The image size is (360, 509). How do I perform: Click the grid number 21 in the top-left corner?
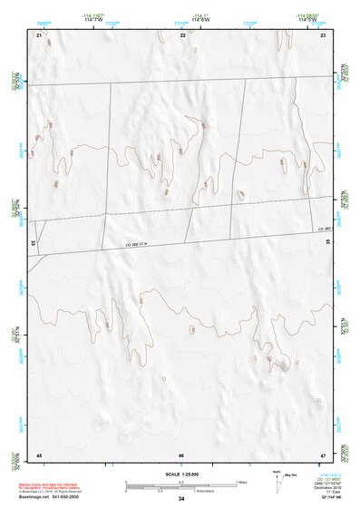[x=39, y=34]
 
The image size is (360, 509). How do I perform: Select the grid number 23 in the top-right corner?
[x=323, y=34]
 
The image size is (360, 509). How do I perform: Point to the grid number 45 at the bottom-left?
[x=39, y=454]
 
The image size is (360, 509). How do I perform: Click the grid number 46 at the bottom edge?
[x=181, y=455]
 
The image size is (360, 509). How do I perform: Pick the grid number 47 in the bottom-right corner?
[x=323, y=454]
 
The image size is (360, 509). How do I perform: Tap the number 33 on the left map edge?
[x=34, y=243]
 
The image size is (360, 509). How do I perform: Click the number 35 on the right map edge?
[x=328, y=243]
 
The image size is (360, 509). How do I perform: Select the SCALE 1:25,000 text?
[x=181, y=475]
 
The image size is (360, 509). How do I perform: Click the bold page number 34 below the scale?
[x=181, y=499]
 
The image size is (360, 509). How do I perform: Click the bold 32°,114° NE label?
[x=323, y=499]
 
